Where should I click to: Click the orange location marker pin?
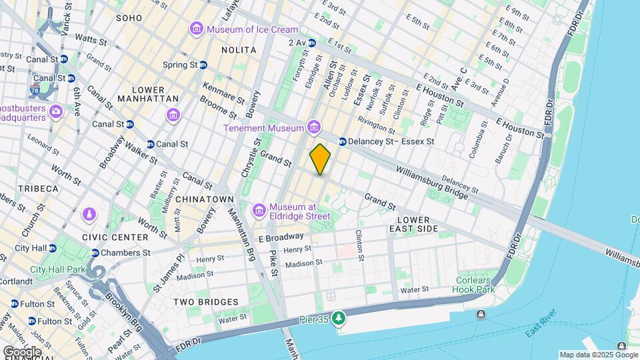pyautogui.click(x=320, y=159)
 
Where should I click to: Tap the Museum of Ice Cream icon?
pyautogui.click(x=196, y=29)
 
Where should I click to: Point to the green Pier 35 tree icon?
pyautogui.click(x=339, y=318)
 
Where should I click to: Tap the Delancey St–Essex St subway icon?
pyautogui.click(x=343, y=141)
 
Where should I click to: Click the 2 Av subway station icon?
pyautogui.click(x=311, y=42)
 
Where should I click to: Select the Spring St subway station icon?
pyautogui.click(x=203, y=65)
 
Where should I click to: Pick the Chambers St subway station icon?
pyautogui.click(x=95, y=253)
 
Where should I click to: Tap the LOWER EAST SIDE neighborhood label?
pyautogui.click(x=418, y=224)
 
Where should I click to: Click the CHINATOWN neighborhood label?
pyautogui.click(x=205, y=199)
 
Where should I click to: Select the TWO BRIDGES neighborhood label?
pyautogui.click(x=206, y=302)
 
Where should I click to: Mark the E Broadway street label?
pyautogui.click(x=281, y=238)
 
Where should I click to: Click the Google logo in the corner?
pyautogui.click(x=21, y=351)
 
